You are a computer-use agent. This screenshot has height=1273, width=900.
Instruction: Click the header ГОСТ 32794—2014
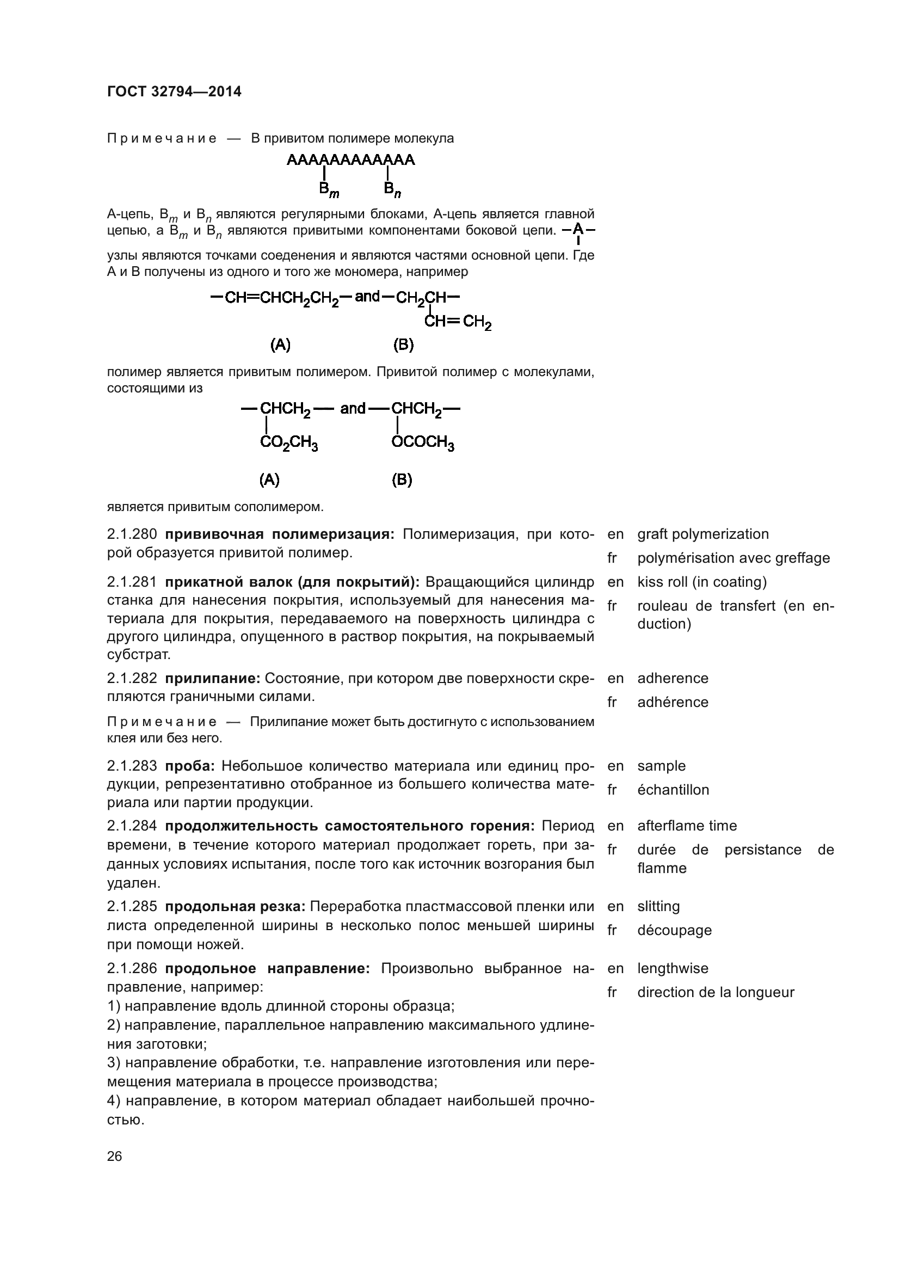click(174, 92)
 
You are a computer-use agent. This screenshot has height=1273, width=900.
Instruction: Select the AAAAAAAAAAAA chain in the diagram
click(350, 160)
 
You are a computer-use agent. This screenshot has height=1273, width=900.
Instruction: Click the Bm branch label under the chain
click(329, 190)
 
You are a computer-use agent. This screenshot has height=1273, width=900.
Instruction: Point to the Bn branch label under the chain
click(392, 190)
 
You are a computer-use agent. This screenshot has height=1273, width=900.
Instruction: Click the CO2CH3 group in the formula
click(289, 443)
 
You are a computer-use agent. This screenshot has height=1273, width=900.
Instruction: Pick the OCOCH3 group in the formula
click(423, 443)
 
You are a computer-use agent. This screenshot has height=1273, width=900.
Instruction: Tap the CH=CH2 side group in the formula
click(458, 322)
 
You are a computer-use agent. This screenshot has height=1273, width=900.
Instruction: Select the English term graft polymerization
click(702, 534)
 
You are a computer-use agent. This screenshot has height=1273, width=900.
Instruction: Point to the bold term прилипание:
click(213, 679)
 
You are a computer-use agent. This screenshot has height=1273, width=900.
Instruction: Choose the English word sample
click(661, 766)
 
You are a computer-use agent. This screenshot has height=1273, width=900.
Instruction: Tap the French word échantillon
click(673, 790)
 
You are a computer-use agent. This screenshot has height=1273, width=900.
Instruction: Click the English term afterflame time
click(687, 826)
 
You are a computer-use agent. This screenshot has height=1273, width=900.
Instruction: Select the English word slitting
click(658, 907)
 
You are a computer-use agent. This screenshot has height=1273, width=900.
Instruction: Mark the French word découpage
click(674, 930)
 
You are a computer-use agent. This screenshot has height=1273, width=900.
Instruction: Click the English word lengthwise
click(672, 969)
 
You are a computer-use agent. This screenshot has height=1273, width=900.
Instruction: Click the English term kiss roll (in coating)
click(701, 582)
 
